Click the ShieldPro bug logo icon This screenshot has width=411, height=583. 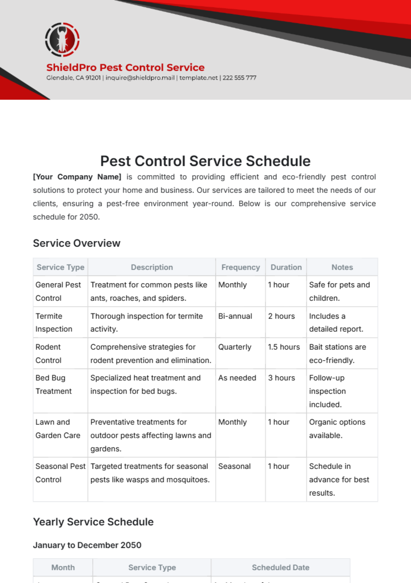point(62,40)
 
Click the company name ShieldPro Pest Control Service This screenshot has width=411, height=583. point(125,68)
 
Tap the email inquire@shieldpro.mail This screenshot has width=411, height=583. point(140,78)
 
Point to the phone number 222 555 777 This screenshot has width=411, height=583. point(239,78)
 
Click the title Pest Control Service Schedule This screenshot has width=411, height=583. point(205,161)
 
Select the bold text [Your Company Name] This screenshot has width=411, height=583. point(77,177)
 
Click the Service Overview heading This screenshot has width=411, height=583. point(77,243)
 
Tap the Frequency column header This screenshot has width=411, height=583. point(240,267)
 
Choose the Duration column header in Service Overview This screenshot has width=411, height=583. point(286,267)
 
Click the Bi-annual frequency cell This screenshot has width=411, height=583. point(235,316)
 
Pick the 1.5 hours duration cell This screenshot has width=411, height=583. point(284,347)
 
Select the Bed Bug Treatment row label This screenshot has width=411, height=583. point(53,385)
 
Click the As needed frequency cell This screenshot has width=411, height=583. point(237,378)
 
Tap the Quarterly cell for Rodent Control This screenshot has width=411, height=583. point(235,347)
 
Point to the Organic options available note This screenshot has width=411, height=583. point(337,429)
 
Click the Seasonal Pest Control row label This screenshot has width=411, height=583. point(60,473)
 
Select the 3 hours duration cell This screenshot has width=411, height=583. point(281,378)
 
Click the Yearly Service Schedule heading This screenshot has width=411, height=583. point(93,522)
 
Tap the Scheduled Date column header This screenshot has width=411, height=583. point(281,568)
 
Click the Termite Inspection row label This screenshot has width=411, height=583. point(54,323)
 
